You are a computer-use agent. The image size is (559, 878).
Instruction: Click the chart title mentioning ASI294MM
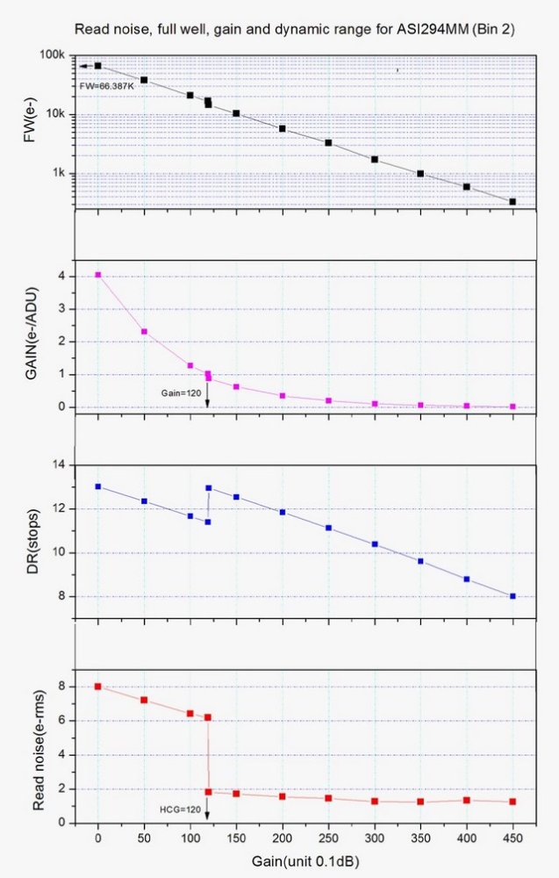pyautogui.click(x=295, y=29)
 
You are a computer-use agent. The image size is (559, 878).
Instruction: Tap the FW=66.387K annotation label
pyautogui.click(x=102, y=85)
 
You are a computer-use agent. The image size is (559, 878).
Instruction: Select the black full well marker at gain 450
pyautogui.click(x=512, y=202)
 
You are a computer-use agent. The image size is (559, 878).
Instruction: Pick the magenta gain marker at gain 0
pyautogui.click(x=98, y=275)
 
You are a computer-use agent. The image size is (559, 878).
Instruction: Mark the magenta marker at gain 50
pyautogui.click(x=144, y=332)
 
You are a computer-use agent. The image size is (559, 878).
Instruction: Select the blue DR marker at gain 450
pyautogui.click(x=512, y=596)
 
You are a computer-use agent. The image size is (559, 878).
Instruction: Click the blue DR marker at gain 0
pyautogui.click(x=98, y=486)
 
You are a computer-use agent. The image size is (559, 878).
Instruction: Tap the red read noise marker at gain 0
pyautogui.click(x=98, y=687)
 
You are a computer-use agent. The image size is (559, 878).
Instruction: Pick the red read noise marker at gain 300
pyautogui.click(x=375, y=801)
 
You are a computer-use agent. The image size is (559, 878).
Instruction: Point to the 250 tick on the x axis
pyautogui.click(x=328, y=837)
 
